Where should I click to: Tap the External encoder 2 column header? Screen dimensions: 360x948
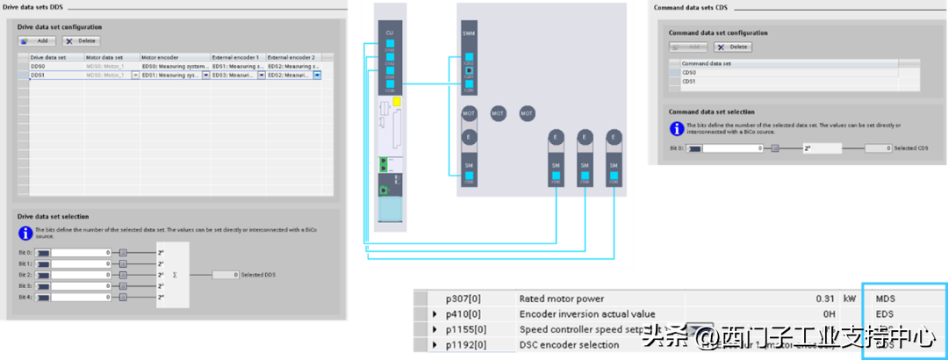(x=292, y=56)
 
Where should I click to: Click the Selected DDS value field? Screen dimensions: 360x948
(x=225, y=275)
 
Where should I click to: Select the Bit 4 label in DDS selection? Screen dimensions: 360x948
(x=25, y=297)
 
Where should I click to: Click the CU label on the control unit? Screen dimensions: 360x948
(x=389, y=32)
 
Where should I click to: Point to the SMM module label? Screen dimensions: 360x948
(x=469, y=32)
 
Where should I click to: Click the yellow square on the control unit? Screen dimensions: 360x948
(x=397, y=101)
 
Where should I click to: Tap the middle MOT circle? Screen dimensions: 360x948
(x=498, y=113)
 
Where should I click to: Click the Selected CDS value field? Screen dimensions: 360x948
(x=877, y=148)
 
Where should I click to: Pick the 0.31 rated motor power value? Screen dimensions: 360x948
(x=824, y=299)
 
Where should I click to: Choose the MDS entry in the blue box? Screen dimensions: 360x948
(x=887, y=299)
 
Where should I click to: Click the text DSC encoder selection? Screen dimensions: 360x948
(x=569, y=345)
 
